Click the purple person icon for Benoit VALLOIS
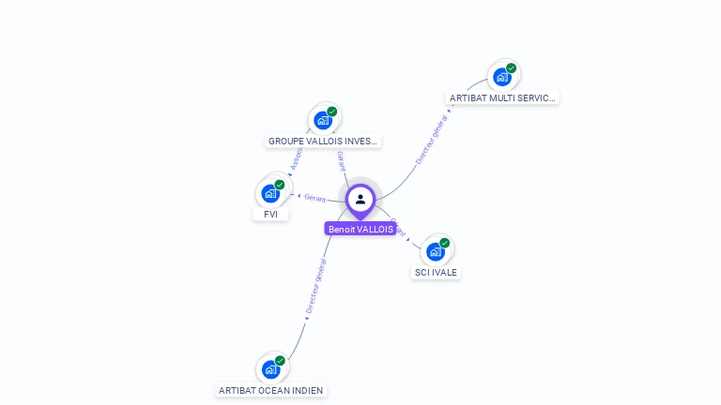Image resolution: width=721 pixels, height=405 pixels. (x=360, y=199)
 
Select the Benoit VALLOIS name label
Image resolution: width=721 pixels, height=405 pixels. (x=360, y=229)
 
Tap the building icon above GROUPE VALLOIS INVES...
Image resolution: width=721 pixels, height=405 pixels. (x=323, y=120)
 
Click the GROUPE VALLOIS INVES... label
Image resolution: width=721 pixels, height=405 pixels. (x=323, y=142)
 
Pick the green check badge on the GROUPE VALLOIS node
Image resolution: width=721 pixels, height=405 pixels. (x=332, y=112)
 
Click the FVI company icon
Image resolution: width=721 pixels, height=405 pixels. (x=270, y=193)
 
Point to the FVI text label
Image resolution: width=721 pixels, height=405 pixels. (x=270, y=214)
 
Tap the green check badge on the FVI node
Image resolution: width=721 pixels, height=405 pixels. (x=280, y=185)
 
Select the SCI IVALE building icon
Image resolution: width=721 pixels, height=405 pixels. (x=435, y=251)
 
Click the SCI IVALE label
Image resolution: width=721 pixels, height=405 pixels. (x=436, y=273)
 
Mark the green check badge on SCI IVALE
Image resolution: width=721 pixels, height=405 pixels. (x=445, y=243)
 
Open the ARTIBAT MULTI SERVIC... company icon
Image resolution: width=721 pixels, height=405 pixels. (x=502, y=76)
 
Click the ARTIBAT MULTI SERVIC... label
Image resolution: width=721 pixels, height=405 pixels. (x=502, y=97)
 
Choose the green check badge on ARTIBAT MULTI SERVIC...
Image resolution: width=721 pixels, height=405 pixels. (x=512, y=67)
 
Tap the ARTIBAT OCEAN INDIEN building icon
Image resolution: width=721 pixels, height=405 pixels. (x=270, y=368)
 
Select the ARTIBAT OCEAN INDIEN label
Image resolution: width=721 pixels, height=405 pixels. (x=271, y=390)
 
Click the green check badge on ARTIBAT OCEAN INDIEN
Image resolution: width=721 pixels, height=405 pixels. (x=280, y=360)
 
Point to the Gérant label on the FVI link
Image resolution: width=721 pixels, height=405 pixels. (x=314, y=198)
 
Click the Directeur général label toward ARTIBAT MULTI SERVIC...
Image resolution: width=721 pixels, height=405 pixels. (x=432, y=139)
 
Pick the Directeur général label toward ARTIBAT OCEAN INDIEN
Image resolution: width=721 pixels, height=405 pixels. (x=315, y=286)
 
